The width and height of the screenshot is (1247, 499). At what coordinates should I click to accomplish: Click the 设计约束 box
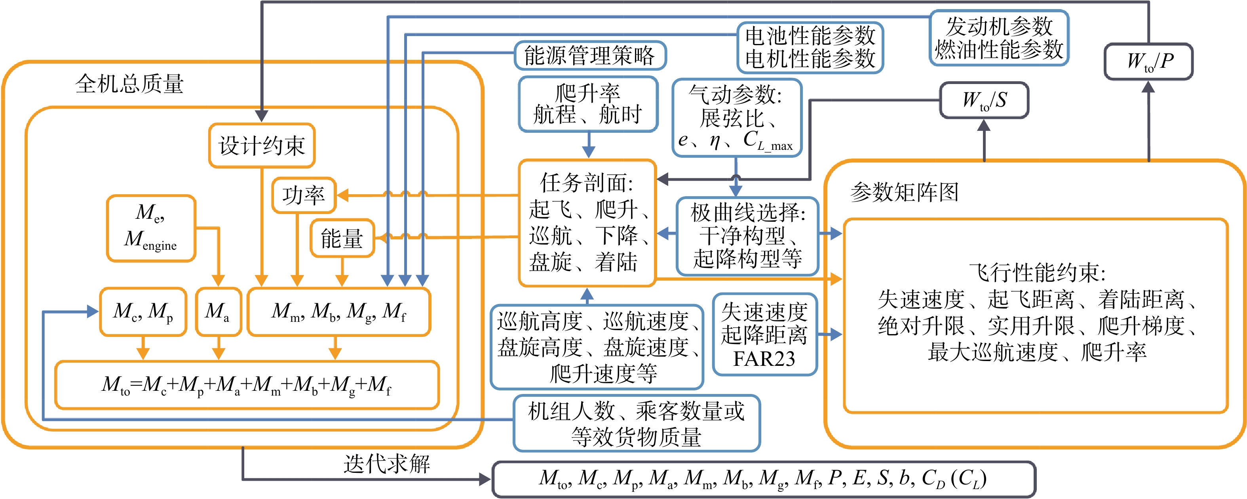click(262, 145)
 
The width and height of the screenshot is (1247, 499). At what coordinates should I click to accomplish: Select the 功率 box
click(304, 195)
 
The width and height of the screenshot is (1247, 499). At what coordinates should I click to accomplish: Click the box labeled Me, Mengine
click(151, 228)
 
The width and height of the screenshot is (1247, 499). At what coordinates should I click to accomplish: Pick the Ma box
click(218, 312)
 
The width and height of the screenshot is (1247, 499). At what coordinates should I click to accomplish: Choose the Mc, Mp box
click(143, 312)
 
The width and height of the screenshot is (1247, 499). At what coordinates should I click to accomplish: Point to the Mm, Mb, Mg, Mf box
click(339, 312)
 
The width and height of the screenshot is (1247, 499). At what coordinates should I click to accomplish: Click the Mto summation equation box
click(247, 385)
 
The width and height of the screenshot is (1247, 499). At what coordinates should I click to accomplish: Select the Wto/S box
click(984, 100)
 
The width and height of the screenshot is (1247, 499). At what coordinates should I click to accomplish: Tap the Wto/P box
click(1148, 61)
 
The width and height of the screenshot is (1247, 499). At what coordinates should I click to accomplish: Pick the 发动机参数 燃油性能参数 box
click(999, 38)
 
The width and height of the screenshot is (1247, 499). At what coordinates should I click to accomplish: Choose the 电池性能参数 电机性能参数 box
click(810, 48)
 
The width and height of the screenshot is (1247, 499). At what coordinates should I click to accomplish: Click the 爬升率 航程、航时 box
click(588, 104)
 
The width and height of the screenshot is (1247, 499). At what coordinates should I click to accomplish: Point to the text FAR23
click(764, 359)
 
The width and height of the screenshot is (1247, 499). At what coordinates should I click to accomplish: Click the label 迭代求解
click(387, 464)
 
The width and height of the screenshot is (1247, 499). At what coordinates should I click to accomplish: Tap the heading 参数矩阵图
click(904, 192)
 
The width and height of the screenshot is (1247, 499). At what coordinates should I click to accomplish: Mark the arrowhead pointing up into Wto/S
click(984, 125)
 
